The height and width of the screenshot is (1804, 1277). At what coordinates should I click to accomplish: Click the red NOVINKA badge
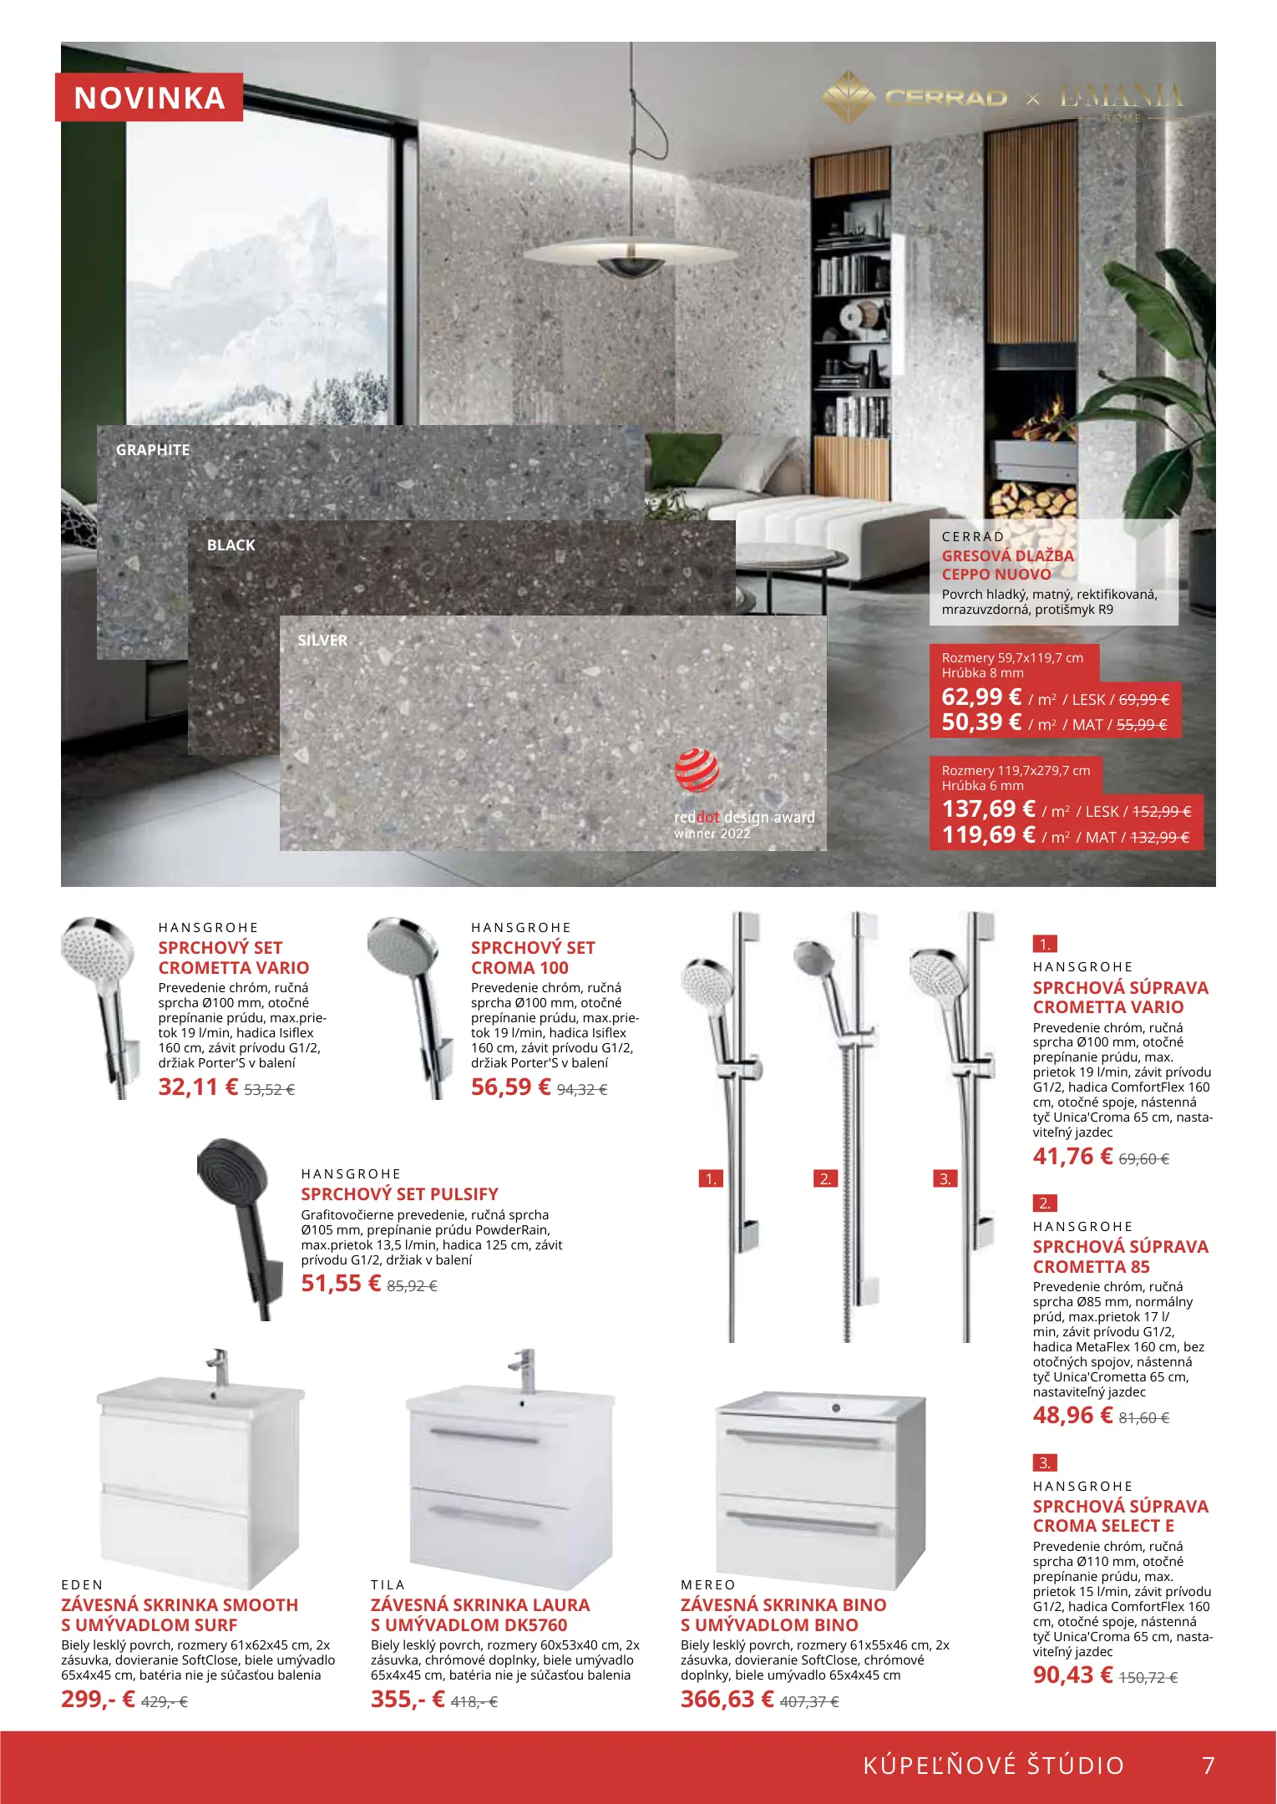point(149,98)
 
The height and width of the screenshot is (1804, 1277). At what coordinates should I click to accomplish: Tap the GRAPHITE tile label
point(153,450)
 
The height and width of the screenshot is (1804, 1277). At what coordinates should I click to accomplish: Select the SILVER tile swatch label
point(322,641)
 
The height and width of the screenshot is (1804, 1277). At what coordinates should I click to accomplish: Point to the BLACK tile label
point(231,545)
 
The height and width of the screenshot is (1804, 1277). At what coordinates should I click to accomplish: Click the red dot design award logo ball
point(697,771)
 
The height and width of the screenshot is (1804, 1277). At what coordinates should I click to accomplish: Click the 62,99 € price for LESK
point(981,697)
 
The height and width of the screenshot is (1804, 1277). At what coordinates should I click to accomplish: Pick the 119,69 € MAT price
point(988,835)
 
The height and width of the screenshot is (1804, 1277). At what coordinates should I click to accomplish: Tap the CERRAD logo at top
point(945,99)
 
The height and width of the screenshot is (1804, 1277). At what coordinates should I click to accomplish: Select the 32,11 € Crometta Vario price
point(198,1087)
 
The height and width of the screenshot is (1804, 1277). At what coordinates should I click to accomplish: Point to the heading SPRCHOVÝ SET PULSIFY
point(399,1194)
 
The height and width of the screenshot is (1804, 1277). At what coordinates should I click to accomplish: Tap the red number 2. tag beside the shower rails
point(825,1179)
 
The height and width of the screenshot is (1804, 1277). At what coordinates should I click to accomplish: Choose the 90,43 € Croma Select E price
point(1072,1675)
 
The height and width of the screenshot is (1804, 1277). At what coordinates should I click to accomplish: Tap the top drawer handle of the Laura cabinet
point(485,1436)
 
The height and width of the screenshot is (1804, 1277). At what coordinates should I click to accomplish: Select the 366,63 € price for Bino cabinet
point(727,1700)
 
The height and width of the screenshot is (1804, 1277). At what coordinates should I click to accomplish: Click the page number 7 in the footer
point(1208,1766)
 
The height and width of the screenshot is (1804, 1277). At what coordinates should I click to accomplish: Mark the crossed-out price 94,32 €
point(582,1090)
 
